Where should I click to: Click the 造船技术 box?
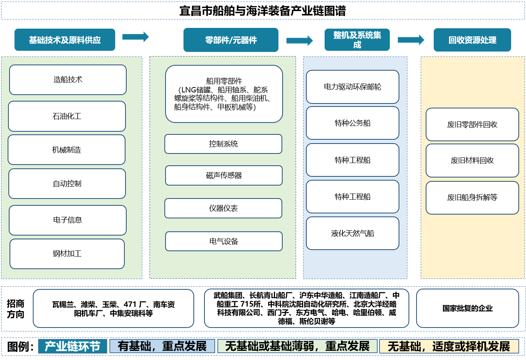tap(68, 80)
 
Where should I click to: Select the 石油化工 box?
tap(67, 116)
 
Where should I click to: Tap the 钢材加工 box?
tap(67, 254)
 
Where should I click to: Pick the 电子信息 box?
tap(68, 220)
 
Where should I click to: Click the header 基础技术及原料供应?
tap(65, 40)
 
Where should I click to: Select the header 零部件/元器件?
tap(231, 40)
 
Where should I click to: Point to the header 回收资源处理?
tap(472, 40)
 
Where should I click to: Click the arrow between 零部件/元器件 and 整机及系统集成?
tap(299, 40)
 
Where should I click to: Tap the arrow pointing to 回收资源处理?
tap(411, 40)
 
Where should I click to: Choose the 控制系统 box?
tap(223, 144)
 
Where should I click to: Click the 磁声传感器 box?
tap(224, 176)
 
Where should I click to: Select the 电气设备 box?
tap(224, 241)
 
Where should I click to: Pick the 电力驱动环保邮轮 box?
tap(352, 87)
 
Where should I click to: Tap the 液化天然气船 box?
tap(352, 233)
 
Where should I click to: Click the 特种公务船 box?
tap(352, 123)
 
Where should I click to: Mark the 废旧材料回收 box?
tap(472, 161)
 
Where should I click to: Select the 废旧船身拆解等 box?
tap(472, 197)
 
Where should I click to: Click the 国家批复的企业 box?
tap(467, 308)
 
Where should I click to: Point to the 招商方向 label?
tap(16, 309)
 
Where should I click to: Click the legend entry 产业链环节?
tap(72, 346)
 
